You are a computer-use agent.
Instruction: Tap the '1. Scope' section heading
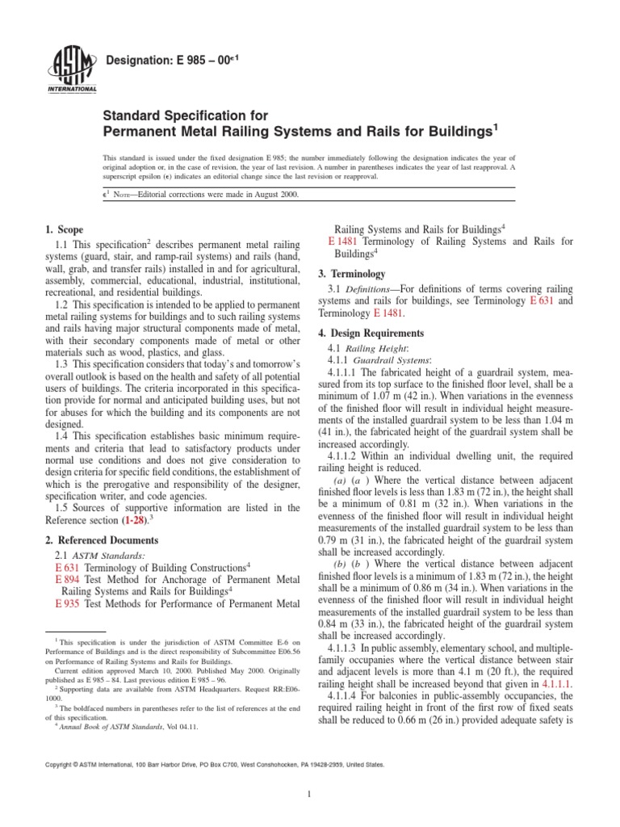[63, 230]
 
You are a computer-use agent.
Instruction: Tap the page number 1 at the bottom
[310, 795]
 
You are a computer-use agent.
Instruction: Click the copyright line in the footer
[240, 763]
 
